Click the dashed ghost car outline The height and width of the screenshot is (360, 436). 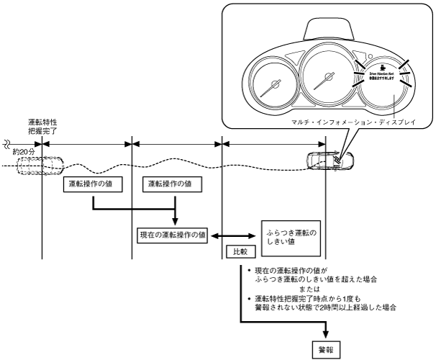[x=38, y=167]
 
